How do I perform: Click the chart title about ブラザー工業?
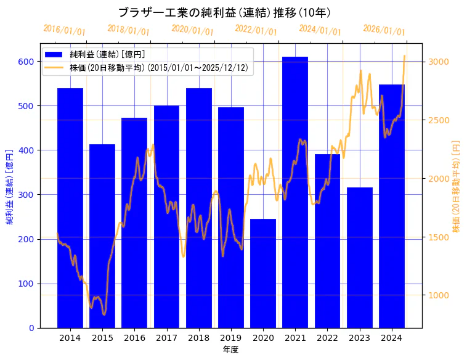[x=224, y=12]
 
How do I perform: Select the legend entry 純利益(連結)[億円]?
[x=107, y=55]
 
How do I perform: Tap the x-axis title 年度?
[x=230, y=350]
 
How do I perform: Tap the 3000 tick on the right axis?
[x=439, y=62]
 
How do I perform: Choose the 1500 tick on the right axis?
[x=439, y=237]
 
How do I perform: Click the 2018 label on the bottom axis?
[x=199, y=338]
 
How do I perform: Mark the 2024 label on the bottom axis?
[x=392, y=338]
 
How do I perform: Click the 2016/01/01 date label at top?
[x=65, y=30]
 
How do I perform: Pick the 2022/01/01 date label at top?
[x=256, y=30]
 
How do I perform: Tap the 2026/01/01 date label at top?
[x=384, y=30]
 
